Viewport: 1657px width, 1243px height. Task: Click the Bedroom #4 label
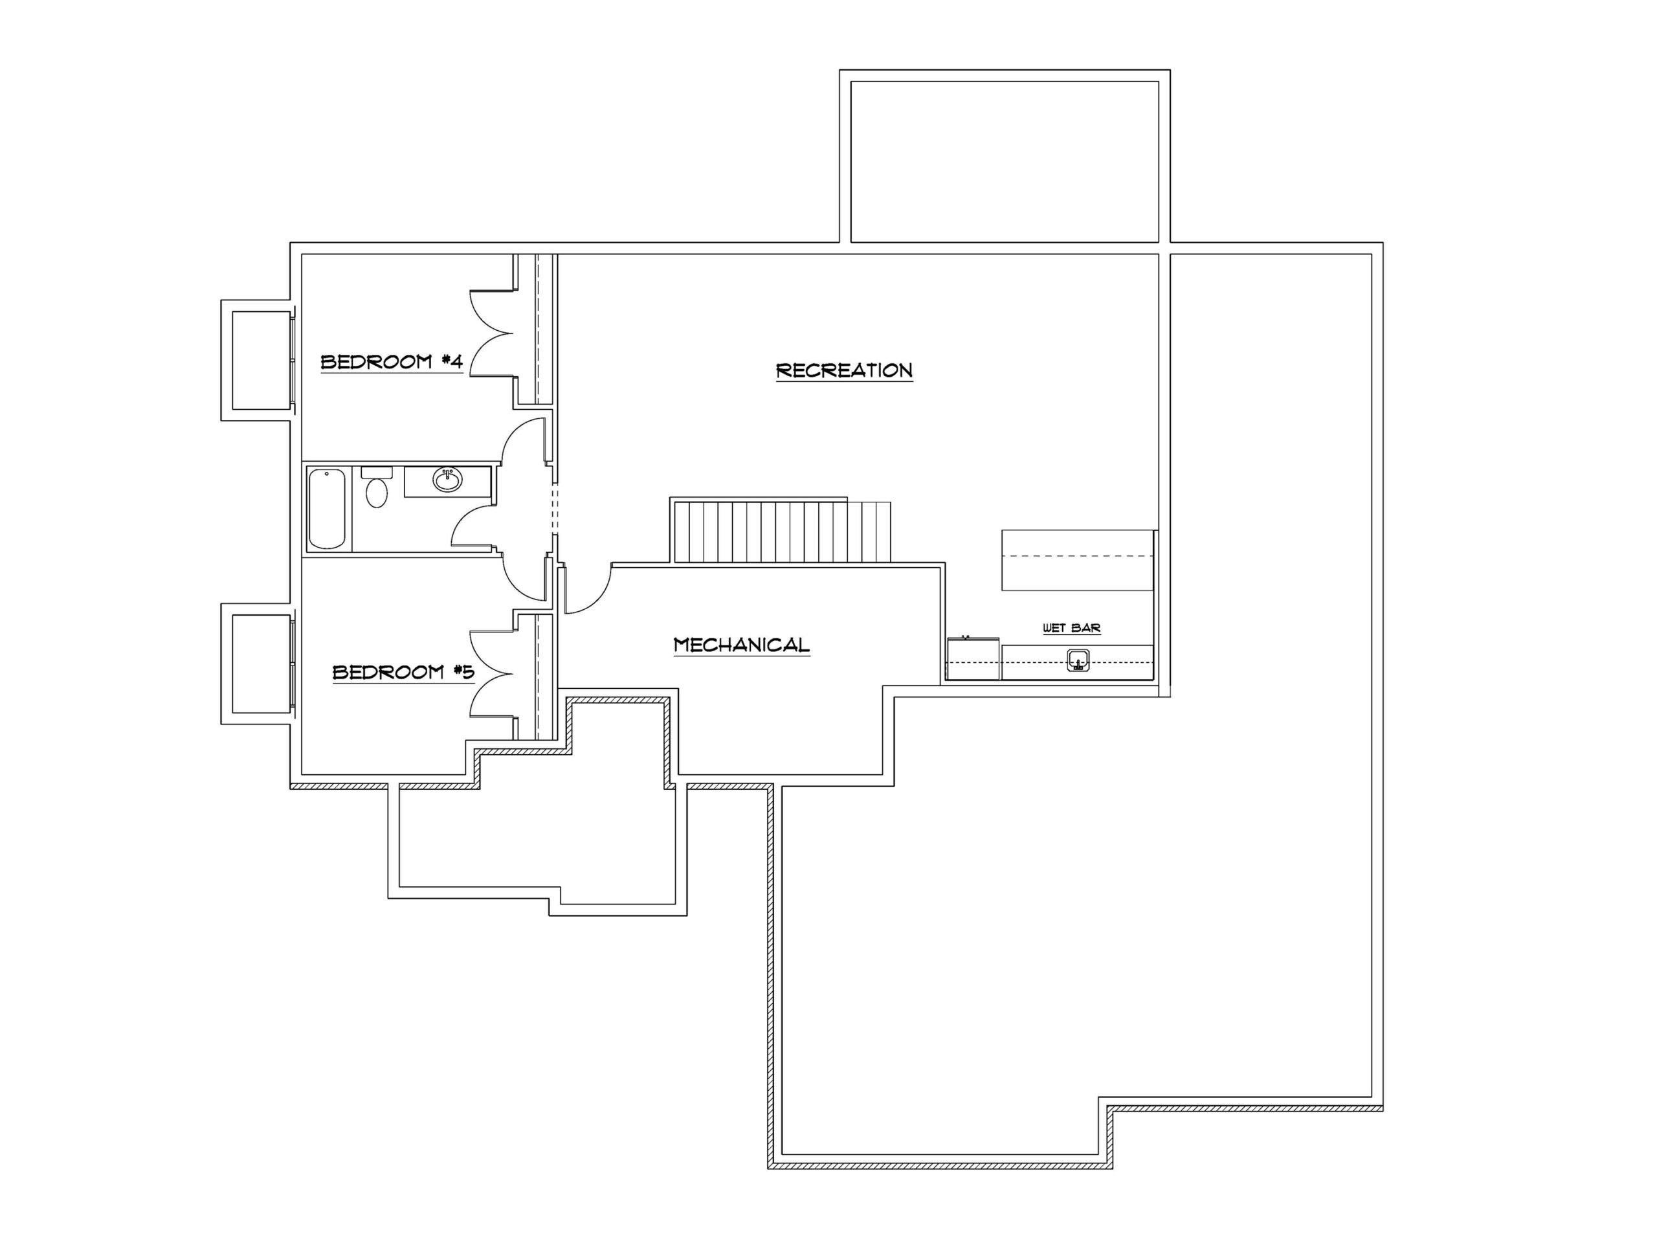pyautogui.click(x=392, y=363)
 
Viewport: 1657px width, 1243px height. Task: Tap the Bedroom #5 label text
pyautogui.click(x=404, y=672)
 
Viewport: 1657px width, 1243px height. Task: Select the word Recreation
pyautogui.click(x=844, y=370)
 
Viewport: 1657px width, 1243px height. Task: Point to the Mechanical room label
pyautogui.click(x=742, y=645)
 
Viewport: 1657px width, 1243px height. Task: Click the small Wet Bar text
pyautogui.click(x=1072, y=628)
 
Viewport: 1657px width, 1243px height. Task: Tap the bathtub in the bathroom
pyautogui.click(x=328, y=509)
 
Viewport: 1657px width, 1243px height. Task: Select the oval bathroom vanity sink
pyautogui.click(x=448, y=480)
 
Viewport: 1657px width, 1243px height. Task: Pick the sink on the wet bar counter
pyautogui.click(x=1078, y=661)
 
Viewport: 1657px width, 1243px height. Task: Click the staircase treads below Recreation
pyautogui.click(x=782, y=532)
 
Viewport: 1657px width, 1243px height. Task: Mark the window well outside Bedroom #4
pyautogui.click(x=256, y=361)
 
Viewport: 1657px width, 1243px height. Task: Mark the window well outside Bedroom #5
pyautogui.click(x=256, y=664)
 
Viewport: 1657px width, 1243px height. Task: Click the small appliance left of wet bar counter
pyautogui.click(x=973, y=658)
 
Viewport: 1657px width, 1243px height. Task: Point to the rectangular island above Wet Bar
pyautogui.click(x=1077, y=560)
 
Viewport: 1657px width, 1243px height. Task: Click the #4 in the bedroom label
pyautogui.click(x=451, y=362)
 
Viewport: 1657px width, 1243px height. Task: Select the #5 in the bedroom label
pyautogui.click(x=463, y=671)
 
